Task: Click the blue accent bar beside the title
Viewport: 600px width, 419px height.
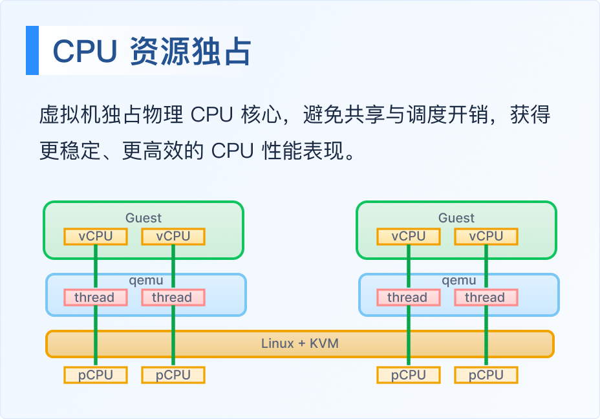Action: coord(32,50)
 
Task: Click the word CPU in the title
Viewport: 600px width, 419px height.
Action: coord(85,51)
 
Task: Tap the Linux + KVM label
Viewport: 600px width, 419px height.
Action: coord(300,343)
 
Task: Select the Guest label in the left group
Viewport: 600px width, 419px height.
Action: coord(144,218)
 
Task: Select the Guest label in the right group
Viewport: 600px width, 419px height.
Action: coord(456,218)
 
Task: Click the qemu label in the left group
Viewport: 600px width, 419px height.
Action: coord(146,281)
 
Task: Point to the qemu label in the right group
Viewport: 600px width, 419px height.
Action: coord(459,281)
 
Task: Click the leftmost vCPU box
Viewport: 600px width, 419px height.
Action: coord(96,237)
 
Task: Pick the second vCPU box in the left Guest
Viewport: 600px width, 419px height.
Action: coord(173,237)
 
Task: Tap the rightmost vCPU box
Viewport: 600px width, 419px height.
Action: coord(486,237)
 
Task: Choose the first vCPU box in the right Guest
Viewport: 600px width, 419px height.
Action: coord(409,237)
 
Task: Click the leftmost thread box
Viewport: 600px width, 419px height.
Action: coord(96,297)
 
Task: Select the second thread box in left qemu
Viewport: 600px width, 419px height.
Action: coord(173,297)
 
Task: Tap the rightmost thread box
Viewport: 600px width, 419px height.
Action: coord(486,297)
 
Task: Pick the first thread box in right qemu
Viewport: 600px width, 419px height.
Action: coord(409,297)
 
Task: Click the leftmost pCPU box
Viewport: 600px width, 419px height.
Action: coord(96,375)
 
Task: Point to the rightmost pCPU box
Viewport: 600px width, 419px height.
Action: coord(486,375)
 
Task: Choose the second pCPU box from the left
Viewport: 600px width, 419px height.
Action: coord(173,375)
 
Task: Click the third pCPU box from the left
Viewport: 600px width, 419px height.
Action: coord(409,375)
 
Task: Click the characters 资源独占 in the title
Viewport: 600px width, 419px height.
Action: coord(191,51)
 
